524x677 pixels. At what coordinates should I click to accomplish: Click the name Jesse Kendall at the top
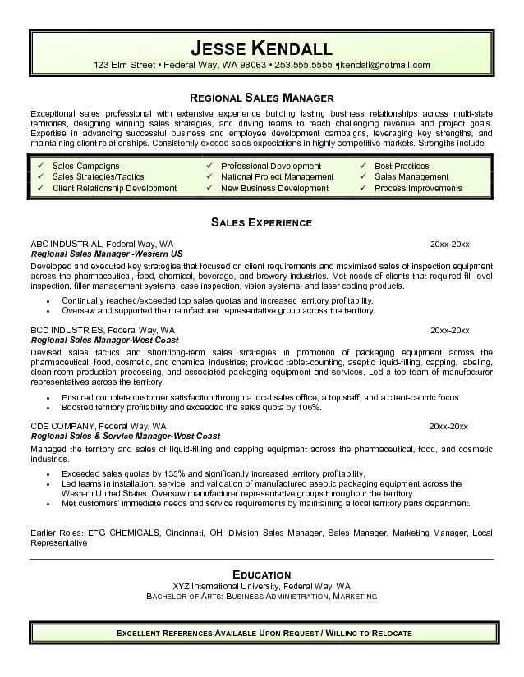click(261, 47)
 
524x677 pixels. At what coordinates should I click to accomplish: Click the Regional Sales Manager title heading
click(261, 98)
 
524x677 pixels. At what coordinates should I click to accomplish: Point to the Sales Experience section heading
click(261, 222)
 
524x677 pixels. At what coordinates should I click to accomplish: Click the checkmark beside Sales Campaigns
click(40, 166)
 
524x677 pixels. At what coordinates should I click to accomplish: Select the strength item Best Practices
click(402, 166)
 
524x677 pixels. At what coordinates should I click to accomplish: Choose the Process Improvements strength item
click(418, 188)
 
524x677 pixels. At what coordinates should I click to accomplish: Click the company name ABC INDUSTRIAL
click(65, 244)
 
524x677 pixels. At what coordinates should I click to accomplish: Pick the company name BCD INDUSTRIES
click(63, 330)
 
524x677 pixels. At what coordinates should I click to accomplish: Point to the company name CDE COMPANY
click(61, 427)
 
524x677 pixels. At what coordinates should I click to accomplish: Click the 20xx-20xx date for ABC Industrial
click(449, 244)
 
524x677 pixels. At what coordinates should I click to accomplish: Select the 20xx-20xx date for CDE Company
click(449, 427)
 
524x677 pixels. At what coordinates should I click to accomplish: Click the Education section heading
click(261, 574)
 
